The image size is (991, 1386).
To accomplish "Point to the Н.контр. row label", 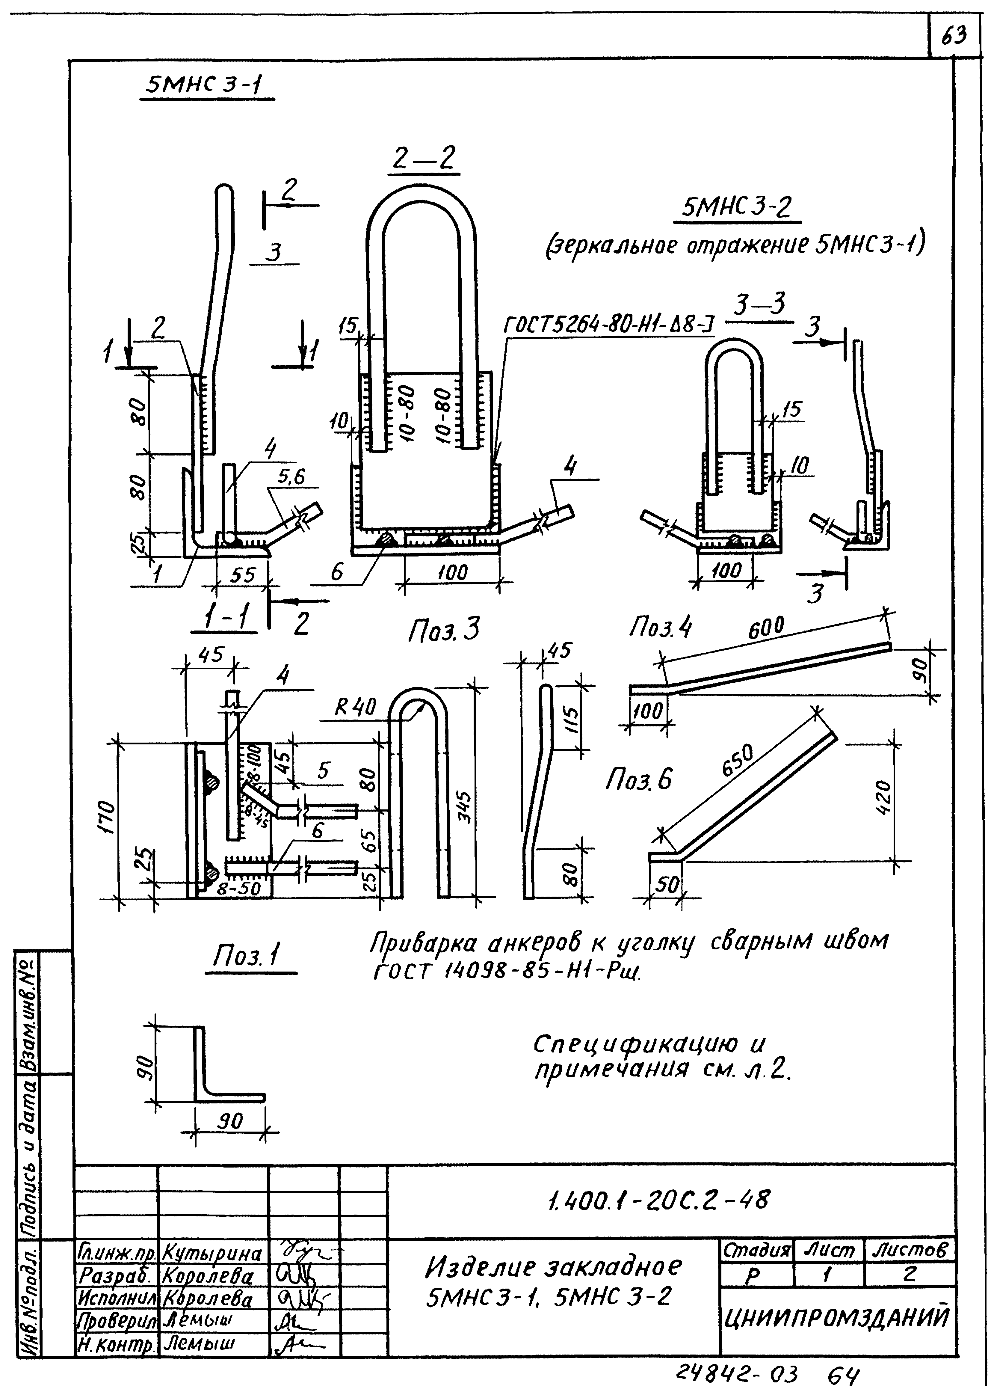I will pyautogui.click(x=116, y=1344).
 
